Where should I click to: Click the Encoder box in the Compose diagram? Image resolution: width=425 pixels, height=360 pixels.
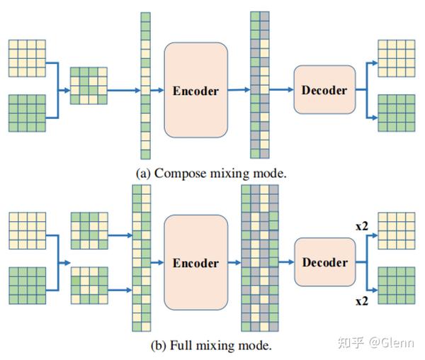195,91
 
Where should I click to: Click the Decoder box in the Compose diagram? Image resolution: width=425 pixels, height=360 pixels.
324,89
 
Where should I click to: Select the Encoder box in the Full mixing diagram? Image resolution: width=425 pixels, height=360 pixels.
195,262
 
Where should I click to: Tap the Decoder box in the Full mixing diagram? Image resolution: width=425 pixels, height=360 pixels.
324,262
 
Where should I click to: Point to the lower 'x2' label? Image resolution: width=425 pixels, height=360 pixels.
361,301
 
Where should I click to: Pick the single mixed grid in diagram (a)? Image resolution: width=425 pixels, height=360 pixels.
89,86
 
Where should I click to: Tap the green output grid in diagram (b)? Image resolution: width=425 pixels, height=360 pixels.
396,285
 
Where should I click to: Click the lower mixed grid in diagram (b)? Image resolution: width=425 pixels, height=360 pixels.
89,285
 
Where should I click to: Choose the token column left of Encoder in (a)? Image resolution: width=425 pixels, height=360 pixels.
145,85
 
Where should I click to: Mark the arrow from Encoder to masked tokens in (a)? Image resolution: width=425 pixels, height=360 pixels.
239,90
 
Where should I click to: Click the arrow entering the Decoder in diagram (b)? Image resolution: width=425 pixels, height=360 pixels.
285,261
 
